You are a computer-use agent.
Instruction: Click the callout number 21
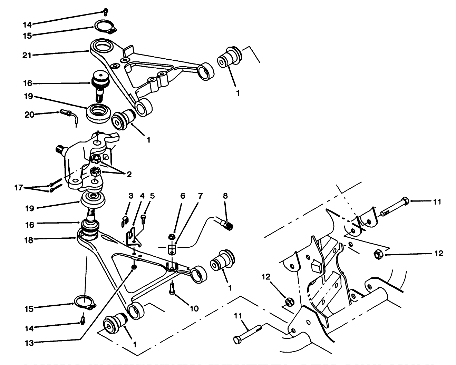(27, 55)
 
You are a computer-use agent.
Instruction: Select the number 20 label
(29, 114)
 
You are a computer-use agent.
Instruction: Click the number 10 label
(194, 308)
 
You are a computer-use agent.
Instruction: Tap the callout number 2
(128, 175)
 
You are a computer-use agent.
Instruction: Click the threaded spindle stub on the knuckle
(61, 150)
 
